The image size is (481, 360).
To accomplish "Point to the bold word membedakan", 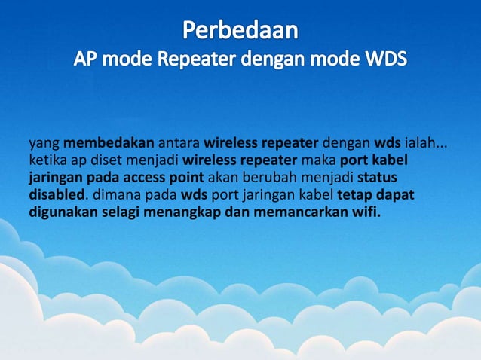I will coord(109,142).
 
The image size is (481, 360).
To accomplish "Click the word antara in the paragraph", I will coord(179,142).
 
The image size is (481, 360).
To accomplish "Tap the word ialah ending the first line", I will coord(427,142).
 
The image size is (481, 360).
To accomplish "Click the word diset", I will coord(103,160).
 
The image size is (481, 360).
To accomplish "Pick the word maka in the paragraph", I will coord(320,160).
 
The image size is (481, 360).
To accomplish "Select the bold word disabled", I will coord(55,195).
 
